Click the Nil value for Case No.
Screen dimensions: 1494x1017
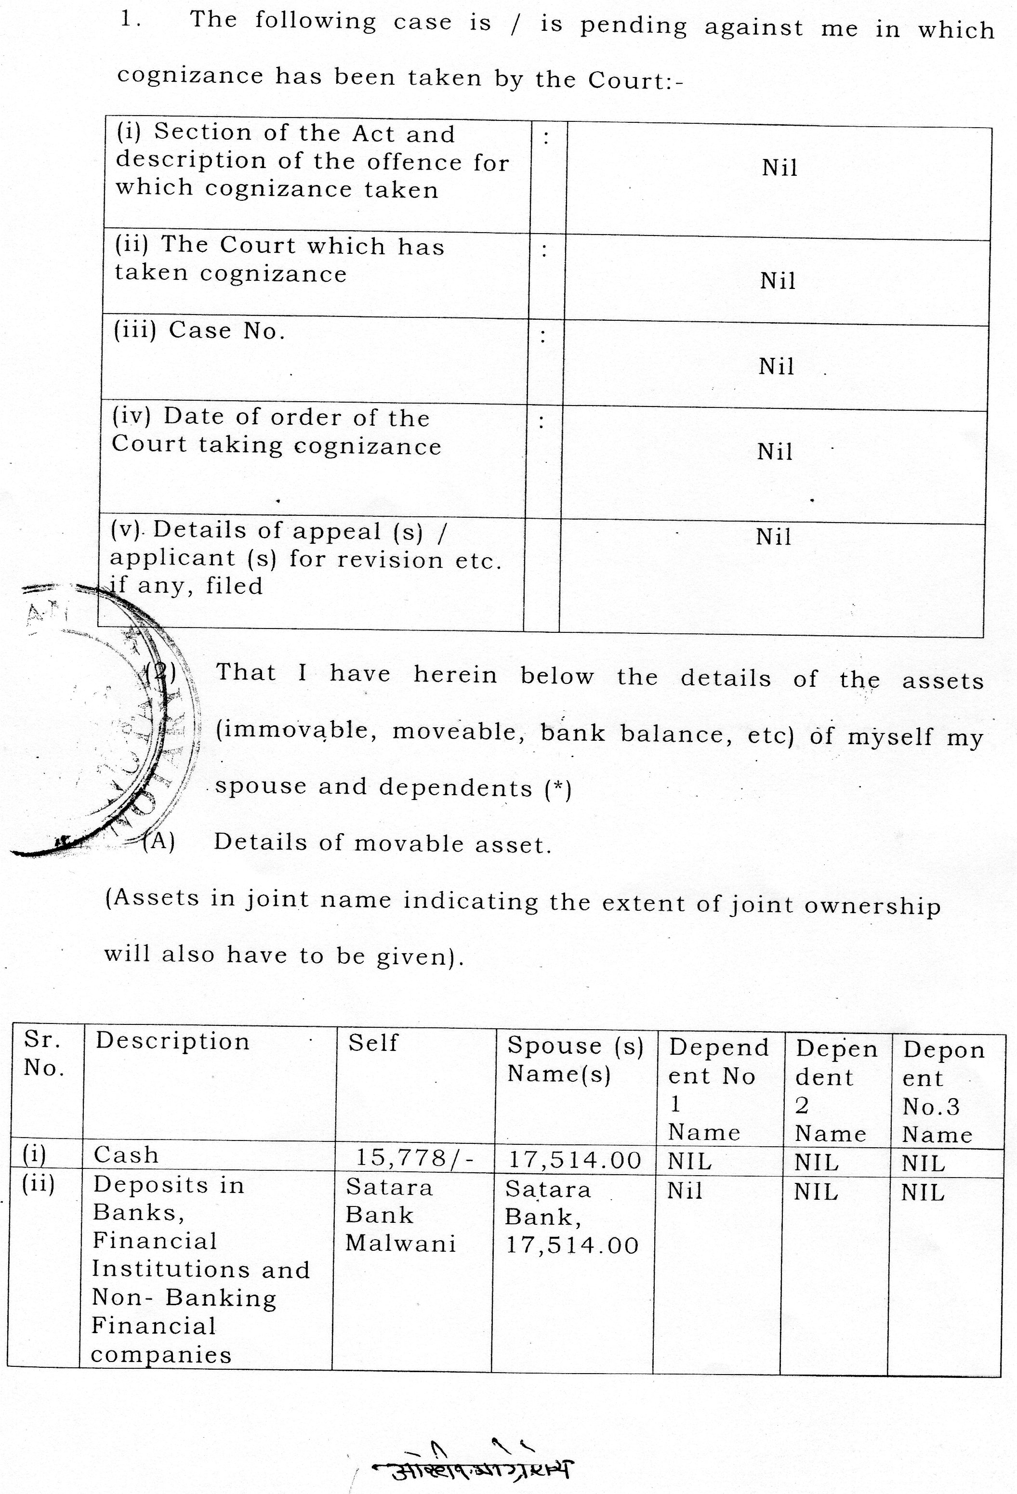tap(776, 367)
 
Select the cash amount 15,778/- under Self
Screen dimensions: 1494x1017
tap(415, 1158)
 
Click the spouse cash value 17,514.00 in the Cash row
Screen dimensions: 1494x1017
tap(575, 1160)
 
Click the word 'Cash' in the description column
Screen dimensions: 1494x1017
tap(126, 1155)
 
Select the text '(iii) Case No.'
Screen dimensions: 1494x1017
tap(199, 331)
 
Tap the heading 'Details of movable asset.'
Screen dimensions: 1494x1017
tap(383, 843)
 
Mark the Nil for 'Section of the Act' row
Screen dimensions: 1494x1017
tap(779, 168)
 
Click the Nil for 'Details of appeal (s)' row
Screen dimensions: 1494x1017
tap(773, 537)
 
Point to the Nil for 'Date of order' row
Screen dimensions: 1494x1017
tap(775, 451)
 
